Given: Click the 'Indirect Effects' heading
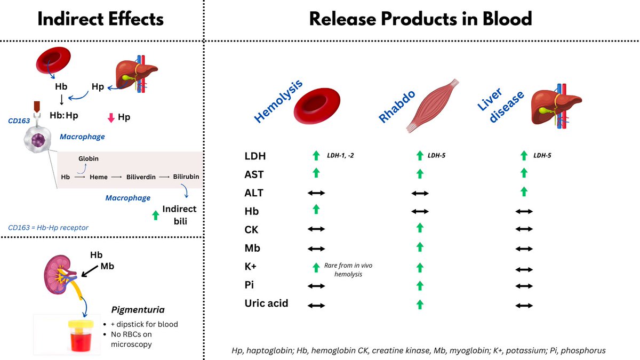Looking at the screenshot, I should coord(101,19).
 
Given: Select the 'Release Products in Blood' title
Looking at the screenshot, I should coord(421,19).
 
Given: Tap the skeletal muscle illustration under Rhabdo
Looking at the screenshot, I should coord(431,106).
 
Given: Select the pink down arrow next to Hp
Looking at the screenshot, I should coord(111,117).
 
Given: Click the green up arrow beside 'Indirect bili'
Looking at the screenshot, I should coord(155,215).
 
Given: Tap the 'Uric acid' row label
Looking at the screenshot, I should coord(267,303).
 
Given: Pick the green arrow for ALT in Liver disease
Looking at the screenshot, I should coord(524,191).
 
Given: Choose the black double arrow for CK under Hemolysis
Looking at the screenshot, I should coord(316,229).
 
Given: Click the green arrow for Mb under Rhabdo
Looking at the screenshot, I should coord(420,247).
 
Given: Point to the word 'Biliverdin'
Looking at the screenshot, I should coord(141,177).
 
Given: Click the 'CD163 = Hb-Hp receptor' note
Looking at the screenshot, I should coord(48,227).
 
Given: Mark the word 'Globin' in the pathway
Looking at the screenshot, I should coord(89,158).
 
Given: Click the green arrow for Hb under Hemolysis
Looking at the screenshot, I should coord(316,210).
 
